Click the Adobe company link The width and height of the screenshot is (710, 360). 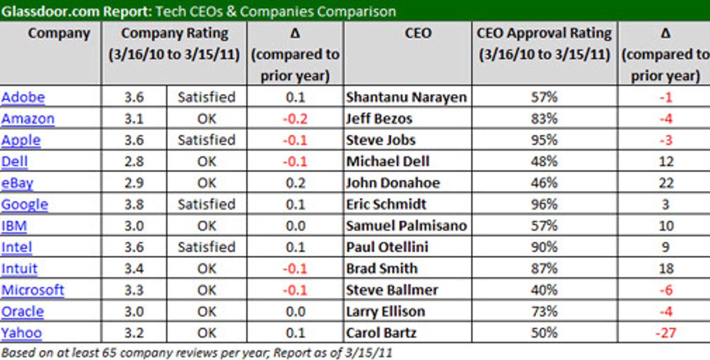pos(23,97)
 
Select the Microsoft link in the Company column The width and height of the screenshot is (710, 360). pos(33,290)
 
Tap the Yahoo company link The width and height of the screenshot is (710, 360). pos(21,333)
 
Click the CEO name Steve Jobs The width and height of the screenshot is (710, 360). pos(381,140)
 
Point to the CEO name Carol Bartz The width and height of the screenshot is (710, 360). pos(381,333)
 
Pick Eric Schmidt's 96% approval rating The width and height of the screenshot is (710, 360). pos(544,204)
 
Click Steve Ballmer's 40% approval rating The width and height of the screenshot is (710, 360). pos(544,290)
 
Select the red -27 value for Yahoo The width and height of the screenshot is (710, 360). pos(666,333)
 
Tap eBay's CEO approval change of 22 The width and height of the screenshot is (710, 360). pos(666,183)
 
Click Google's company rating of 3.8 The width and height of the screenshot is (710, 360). pos(134,204)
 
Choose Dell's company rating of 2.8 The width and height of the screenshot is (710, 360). pos(134,162)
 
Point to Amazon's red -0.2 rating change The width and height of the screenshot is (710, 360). pos(295,119)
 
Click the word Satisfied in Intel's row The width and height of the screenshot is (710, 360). pos(207,247)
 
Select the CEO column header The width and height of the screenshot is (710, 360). pos(418,33)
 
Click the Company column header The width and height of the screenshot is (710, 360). pos(59,33)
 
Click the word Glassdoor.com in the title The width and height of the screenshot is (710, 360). pos(50,11)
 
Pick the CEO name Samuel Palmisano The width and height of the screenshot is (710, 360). pos(406,226)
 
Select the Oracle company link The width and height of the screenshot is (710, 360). pos(22,311)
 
